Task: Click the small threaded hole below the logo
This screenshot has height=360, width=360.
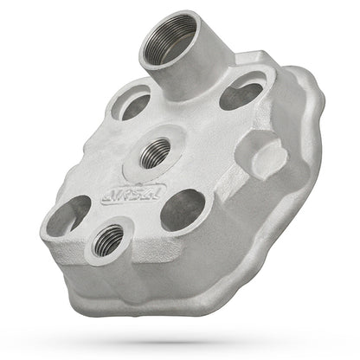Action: click(107, 240)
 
